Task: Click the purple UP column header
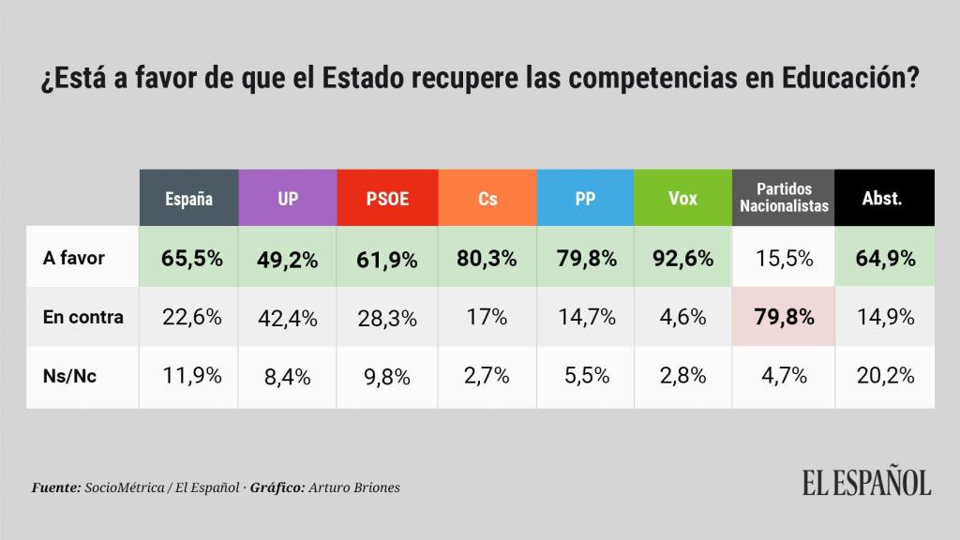287,198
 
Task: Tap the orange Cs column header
487,198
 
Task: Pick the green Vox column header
682,198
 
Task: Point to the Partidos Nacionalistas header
784,198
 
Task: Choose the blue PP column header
585,198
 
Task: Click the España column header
188,198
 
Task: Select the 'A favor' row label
74,257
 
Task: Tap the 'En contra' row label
83,317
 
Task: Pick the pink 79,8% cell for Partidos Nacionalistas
784,318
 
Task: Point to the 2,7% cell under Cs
487,377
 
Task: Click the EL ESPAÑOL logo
866,484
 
